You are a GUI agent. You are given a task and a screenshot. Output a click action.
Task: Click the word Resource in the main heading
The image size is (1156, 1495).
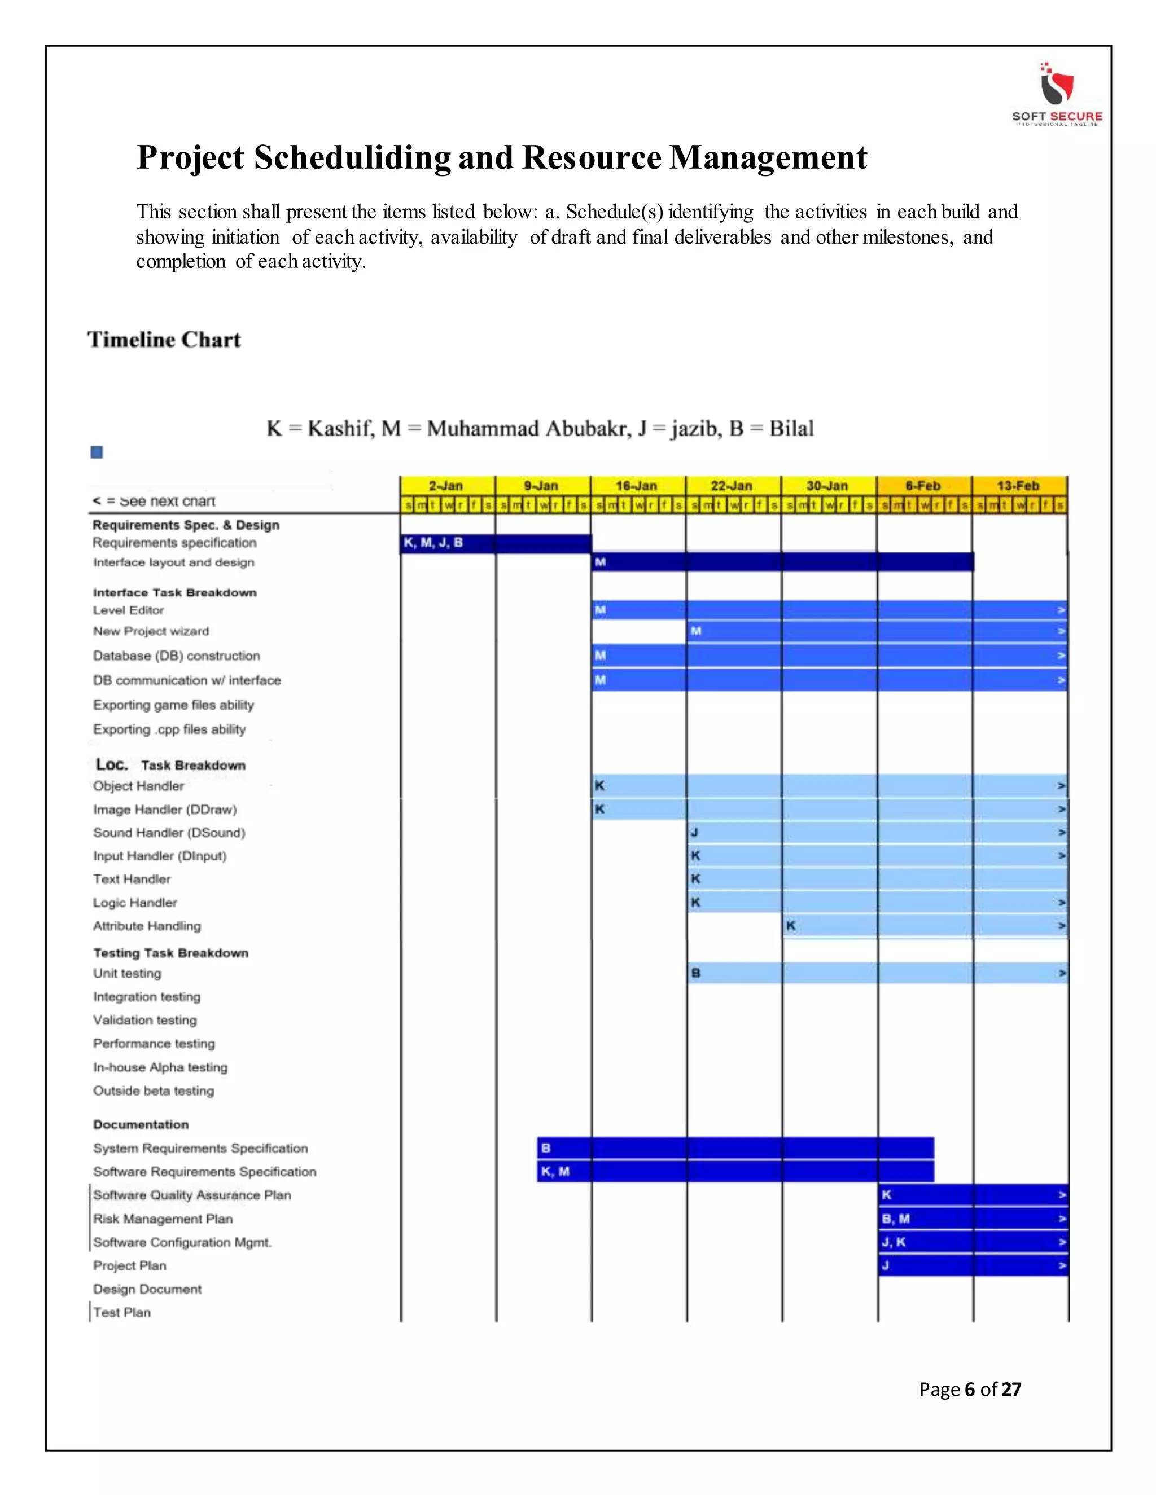tap(590, 157)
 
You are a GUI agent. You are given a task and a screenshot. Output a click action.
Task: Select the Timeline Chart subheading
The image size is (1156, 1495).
tap(164, 340)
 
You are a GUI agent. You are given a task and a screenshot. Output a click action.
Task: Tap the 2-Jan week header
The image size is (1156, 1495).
tap(446, 485)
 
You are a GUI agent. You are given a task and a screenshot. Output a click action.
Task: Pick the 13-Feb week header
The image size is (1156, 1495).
tap(1018, 485)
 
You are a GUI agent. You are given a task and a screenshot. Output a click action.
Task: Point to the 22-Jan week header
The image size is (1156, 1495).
tap(732, 485)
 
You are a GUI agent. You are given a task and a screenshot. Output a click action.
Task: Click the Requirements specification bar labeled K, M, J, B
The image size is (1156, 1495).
tap(495, 543)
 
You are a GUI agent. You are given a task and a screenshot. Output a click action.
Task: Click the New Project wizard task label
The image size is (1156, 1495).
tap(151, 631)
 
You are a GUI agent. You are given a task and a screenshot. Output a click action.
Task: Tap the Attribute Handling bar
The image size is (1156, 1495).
tap(925, 925)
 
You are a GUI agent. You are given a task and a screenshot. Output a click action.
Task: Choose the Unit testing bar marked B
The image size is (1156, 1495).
tap(877, 973)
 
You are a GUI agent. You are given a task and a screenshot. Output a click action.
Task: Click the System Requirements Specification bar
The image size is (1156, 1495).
tap(735, 1148)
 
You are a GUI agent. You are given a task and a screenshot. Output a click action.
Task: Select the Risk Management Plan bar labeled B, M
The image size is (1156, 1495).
tap(973, 1219)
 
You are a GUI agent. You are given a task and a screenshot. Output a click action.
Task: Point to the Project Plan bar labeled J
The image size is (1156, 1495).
tap(973, 1265)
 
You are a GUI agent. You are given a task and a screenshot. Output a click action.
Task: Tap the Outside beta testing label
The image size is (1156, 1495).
tap(154, 1091)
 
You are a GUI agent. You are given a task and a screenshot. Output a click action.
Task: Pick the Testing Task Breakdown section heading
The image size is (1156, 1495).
tap(170, 953)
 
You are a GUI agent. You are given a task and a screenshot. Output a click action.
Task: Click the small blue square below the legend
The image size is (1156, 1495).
tap(97, 452)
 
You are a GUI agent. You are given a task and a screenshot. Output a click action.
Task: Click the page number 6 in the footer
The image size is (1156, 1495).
tap(969, 1389)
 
